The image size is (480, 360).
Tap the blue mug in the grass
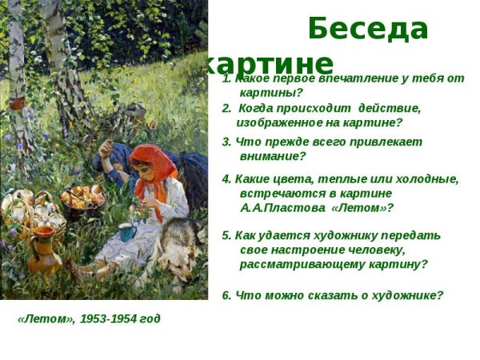(126, 232)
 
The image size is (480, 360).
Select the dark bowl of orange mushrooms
(83, 200)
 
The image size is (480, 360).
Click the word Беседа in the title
(368, 29)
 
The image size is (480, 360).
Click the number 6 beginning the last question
(226, 295)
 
